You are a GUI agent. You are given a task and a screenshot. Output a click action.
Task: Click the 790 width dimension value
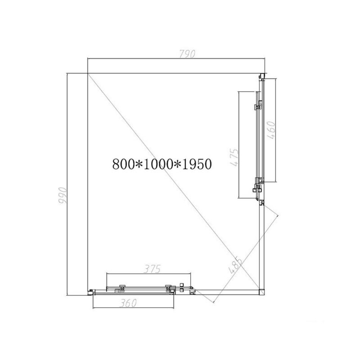(187, 54)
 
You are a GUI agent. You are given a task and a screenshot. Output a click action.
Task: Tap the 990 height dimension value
(62, 196)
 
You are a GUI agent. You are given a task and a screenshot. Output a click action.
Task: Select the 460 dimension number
(271, 130)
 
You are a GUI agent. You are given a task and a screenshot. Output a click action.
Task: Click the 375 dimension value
(152, 269)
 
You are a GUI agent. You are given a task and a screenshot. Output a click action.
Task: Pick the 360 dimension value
(128, 303)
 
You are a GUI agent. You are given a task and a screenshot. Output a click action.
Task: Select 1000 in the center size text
(158, 164)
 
